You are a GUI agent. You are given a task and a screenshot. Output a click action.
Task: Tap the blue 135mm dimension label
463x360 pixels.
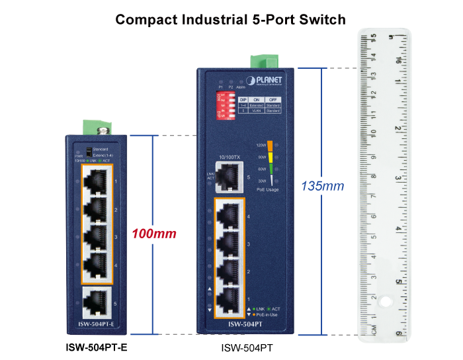(322, 186)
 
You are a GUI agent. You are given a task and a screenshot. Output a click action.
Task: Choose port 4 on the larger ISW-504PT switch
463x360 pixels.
(227, 216)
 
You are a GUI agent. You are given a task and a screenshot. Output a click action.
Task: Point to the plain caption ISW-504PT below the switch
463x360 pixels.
(246, 347)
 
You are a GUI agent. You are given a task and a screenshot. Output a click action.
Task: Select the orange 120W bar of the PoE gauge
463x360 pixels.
(262, 144)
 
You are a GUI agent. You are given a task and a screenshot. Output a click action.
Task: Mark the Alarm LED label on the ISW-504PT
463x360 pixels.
(240, 87)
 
